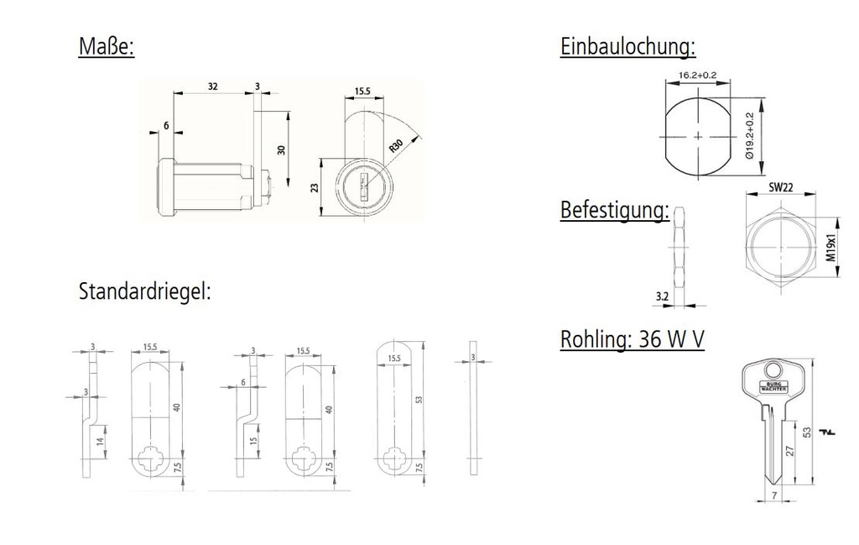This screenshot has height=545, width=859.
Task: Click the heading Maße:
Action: [106, 46]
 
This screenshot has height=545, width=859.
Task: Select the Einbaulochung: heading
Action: [627, 46]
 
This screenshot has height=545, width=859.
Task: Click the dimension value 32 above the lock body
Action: [213, 86]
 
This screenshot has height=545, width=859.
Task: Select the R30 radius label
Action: [396, 145]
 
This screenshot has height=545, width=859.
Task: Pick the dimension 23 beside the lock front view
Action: [315, 188]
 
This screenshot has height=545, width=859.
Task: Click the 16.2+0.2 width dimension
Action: [697, 76]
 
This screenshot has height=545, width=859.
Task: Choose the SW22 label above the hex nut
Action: [781, 188]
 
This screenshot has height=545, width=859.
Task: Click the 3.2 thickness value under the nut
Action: [662, 296]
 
